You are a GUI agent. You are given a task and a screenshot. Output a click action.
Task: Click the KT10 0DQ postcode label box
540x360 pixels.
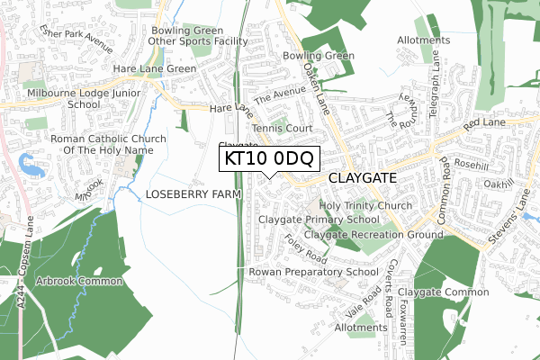tap(269, 159)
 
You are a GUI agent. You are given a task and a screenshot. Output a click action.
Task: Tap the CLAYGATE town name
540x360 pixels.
tap(362, 179)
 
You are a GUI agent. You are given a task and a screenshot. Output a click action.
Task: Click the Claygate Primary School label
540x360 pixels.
tap(319, 220)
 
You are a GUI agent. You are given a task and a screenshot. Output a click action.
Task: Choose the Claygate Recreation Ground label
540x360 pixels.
tap(373, 235)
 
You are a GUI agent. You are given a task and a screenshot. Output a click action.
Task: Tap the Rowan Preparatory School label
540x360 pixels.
tap(313, 272)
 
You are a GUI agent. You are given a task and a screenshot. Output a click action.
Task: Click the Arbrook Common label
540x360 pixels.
tap(78, 282)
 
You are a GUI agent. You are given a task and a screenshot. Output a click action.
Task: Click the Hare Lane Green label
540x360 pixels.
tap(154, 68)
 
